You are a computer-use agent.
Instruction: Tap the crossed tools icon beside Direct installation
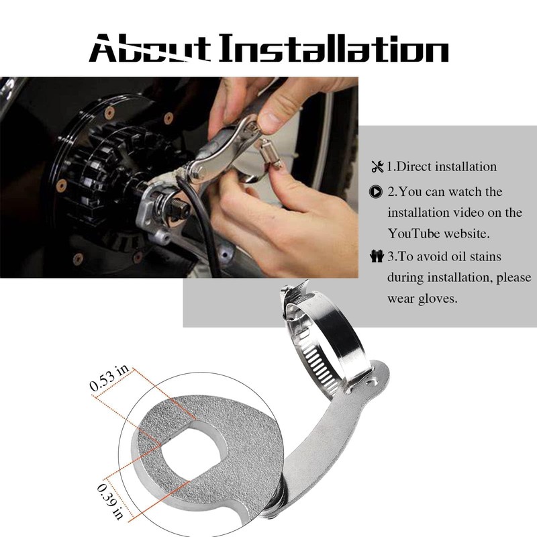(377, 166)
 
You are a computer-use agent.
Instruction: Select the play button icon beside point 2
(377, 191)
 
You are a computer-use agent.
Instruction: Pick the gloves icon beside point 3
(377, 256)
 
